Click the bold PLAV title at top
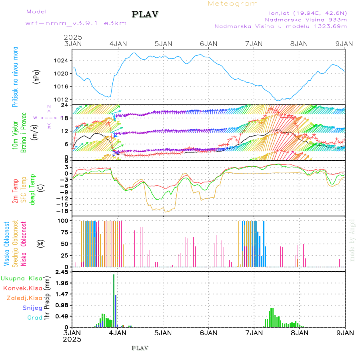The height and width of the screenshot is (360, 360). pos(146,14)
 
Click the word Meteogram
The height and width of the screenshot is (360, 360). pos(233,4)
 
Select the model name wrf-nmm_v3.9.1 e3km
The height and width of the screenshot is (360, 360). pos(76,23)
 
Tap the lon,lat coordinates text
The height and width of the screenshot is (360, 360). pos(308,12)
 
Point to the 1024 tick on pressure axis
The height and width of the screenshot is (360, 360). pos(64,61)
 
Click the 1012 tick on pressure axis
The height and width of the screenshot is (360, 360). pos(64,99)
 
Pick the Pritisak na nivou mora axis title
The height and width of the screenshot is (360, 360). pos(15,78)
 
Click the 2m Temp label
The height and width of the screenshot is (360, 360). pos(15,191)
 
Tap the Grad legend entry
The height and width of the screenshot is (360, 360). pos(34,318)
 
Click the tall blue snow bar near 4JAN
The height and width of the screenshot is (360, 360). pos(114,300)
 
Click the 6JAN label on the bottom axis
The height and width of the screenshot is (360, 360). pos(209,332)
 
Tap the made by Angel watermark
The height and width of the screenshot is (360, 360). pos(352,240)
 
